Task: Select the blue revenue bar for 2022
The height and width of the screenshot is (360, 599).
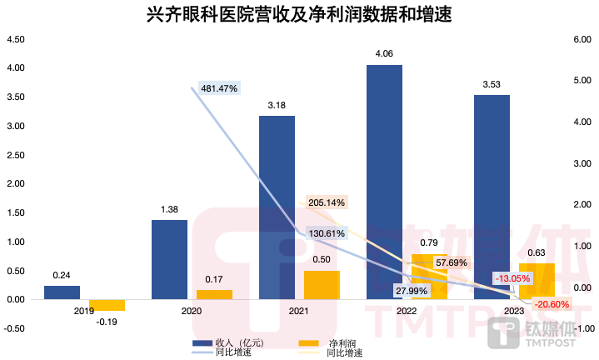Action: tap(384, 181)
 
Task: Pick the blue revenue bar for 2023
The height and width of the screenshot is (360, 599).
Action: tap(492, 197)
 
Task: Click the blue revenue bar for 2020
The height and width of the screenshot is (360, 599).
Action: tap(169, 259)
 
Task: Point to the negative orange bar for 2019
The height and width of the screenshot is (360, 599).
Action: tap(107, 305)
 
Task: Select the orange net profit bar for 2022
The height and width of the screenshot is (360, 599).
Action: tap(429, 276)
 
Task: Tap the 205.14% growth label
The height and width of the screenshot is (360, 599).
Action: tap(326, 202)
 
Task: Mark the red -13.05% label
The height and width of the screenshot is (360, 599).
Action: tap(513, 277)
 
